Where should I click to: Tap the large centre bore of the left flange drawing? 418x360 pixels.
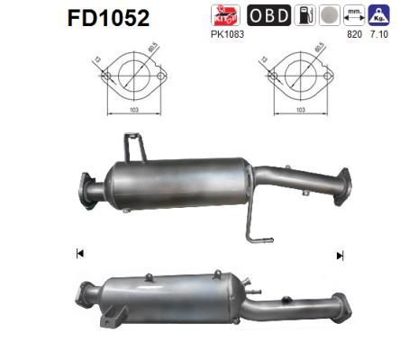(x=135, y=76)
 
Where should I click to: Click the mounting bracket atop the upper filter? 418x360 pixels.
(x=133, y=147)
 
